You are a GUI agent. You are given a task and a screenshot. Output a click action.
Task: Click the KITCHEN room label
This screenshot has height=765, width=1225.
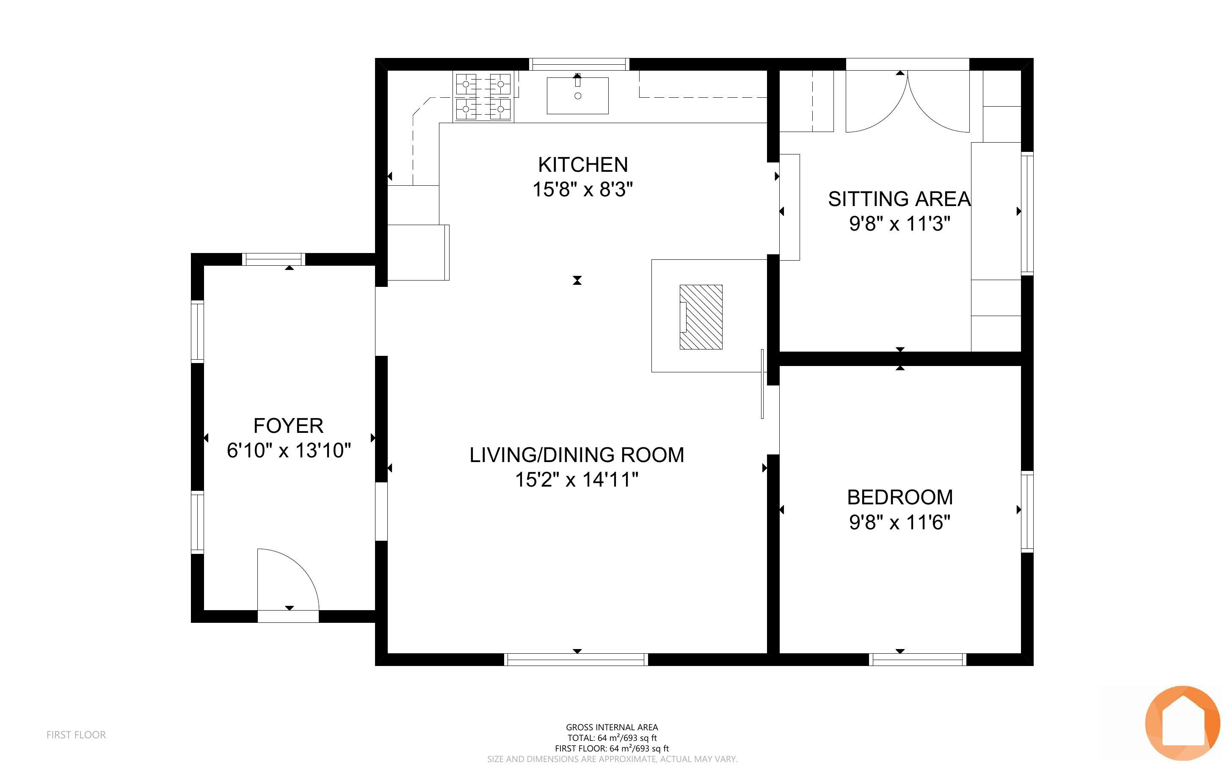click(x=583, y=165)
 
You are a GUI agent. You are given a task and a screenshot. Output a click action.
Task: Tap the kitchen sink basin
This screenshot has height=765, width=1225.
click(x=577, y=96)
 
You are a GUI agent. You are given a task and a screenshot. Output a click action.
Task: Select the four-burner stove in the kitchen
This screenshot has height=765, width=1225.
click(x=483, y=96)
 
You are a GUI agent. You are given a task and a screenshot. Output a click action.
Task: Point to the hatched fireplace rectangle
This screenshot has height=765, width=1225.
click(x=701, y=317)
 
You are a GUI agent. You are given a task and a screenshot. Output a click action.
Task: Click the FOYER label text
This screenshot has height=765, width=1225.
click(x=288, y=426)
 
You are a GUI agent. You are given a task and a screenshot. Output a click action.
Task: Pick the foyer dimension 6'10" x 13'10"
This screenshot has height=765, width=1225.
click(x=288, y=450)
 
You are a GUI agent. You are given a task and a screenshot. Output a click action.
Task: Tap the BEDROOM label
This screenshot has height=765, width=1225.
click(x=899, y=497)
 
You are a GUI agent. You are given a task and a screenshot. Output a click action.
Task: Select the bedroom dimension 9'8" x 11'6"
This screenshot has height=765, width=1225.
click(x=899, y=522)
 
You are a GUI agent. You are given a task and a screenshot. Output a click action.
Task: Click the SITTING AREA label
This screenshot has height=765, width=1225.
click(x=899, y=199)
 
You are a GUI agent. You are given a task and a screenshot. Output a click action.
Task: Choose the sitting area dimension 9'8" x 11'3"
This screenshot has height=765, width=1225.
click(x=899, y=224)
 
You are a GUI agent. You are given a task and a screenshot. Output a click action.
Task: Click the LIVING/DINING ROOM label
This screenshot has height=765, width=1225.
click(x=577, y=455)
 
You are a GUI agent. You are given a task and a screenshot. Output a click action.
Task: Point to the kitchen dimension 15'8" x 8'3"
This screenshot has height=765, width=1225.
click(x=583, y=190)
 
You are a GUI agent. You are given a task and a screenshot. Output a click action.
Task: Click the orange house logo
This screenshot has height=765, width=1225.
click(x=1183, y=723)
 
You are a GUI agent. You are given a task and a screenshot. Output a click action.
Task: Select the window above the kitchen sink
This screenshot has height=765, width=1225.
click(x=579, y=64)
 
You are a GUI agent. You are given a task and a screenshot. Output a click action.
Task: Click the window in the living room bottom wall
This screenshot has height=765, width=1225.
click(x=576, y=659)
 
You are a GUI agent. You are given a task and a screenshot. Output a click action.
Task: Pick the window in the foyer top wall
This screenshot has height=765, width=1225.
click(x=274, y=259)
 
